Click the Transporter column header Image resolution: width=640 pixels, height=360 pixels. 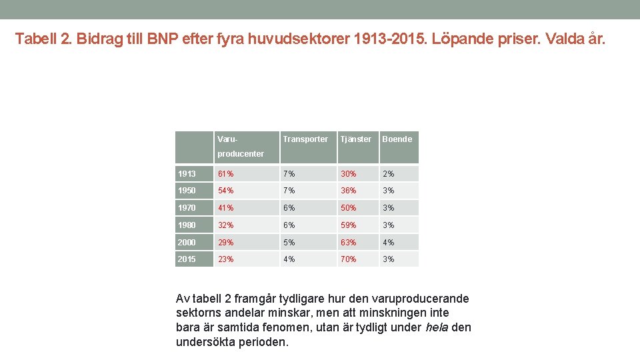[x=305, y=139]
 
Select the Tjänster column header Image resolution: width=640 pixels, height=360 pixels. [x=355, y=139]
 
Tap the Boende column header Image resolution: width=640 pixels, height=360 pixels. [x=397, y=139]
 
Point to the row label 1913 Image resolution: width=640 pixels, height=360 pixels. [x=187, y=174]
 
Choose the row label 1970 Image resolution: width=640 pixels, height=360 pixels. [x=187, y=208]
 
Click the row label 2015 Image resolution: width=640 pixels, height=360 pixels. [x=187, y=259]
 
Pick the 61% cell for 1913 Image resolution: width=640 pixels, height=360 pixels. [x=225, y=174]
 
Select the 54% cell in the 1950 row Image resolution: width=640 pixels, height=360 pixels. [x=225, y=191]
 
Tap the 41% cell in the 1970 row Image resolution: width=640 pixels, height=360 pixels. [x=225, y=208]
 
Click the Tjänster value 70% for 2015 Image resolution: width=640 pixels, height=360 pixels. [x=349, y=259]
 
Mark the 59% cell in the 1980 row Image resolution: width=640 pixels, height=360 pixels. [x=349, y=225]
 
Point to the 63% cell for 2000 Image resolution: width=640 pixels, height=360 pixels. [x=349, y=243]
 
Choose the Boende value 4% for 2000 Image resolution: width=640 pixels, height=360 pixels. [x=388, y=243]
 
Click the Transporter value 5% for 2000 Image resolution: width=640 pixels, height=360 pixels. [x=288, y=243]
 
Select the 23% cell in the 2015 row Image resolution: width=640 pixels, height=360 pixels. [x=225, y=259]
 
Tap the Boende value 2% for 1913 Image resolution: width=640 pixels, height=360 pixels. [x=388, y=174]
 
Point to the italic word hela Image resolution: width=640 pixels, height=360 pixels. [x=438, y=327]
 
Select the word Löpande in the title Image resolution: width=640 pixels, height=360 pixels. [x=461, y=39]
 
